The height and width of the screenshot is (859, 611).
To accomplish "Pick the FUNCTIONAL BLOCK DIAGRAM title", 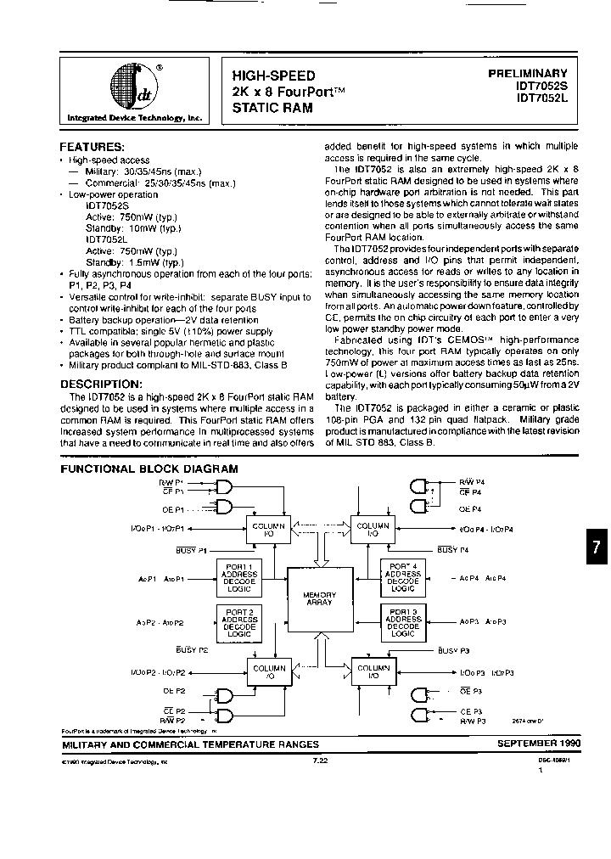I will [149, 468].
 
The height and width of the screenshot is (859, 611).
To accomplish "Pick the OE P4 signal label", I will [472, 508].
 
